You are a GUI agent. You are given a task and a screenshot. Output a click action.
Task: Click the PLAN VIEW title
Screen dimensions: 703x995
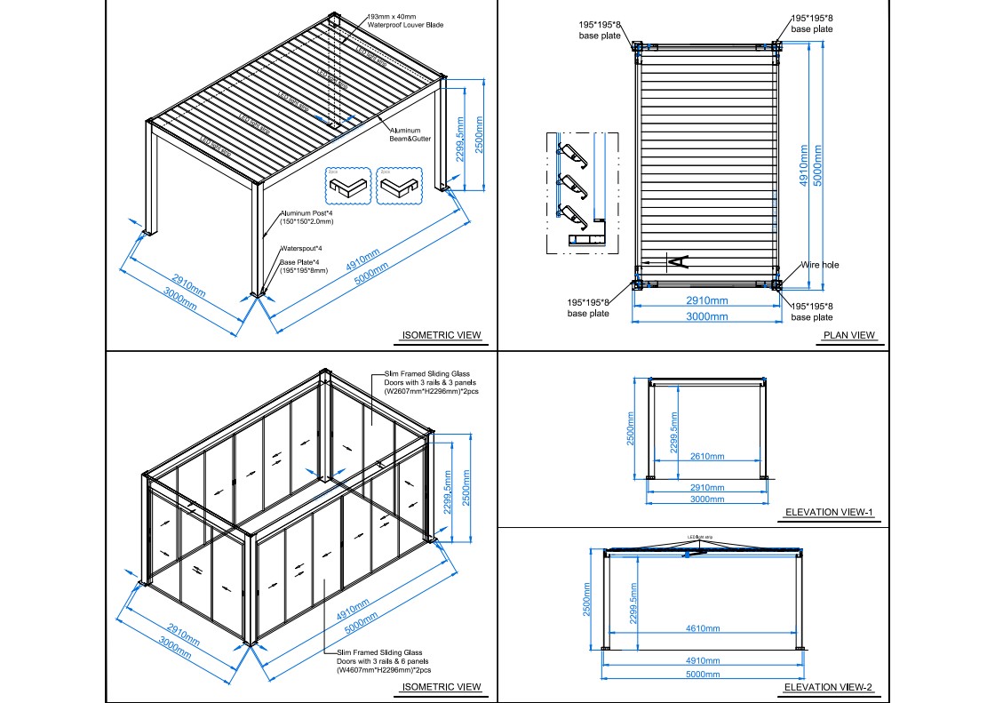(849, 335)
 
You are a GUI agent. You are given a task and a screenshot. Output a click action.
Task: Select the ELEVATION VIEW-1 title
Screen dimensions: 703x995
(829, 513)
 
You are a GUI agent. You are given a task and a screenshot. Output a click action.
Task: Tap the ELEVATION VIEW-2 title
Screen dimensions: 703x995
(829, 687)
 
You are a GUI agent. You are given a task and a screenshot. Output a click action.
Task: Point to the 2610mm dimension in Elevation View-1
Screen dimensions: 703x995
(707, 456)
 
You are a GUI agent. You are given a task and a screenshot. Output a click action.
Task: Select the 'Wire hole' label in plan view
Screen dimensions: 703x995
(819, 265)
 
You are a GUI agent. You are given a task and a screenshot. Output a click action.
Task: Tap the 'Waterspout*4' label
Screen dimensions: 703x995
(301, 248)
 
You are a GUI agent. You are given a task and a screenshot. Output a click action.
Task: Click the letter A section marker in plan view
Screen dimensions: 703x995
(676, 260)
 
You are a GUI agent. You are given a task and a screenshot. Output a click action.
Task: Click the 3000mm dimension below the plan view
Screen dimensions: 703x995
(706, 316)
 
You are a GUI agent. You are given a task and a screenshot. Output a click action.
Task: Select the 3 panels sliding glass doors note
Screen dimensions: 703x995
(431, 383)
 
